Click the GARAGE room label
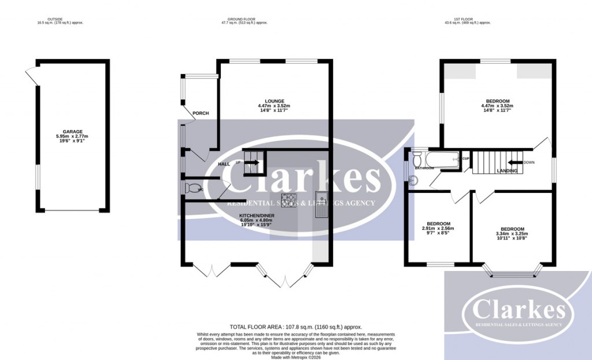tap(73, 131)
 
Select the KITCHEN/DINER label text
tap(257, 215)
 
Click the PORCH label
tap(201, 113)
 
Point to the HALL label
tap(225, 164)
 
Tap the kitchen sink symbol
tap(321, 204)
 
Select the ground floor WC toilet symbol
tap(191, 188)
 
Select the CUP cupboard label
tap(465, 158)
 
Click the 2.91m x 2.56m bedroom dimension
tap(439, 228)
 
